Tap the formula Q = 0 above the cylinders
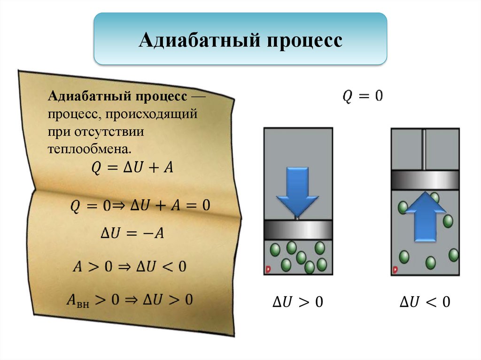pos(362,97)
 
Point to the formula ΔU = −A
pos(132,233)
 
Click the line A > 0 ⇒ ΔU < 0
pos(129,267)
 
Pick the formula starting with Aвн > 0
pos(129,300)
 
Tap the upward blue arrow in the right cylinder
pos(425,215)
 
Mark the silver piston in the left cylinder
pos(298,230)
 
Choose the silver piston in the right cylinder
pos(425,179)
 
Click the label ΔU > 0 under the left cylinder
pos(298,302)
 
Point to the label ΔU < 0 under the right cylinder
pos(425,302)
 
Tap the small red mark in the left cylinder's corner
pos(268,270)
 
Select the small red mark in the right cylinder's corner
pos(395,270)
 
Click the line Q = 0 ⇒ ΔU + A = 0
pos(140,205)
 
